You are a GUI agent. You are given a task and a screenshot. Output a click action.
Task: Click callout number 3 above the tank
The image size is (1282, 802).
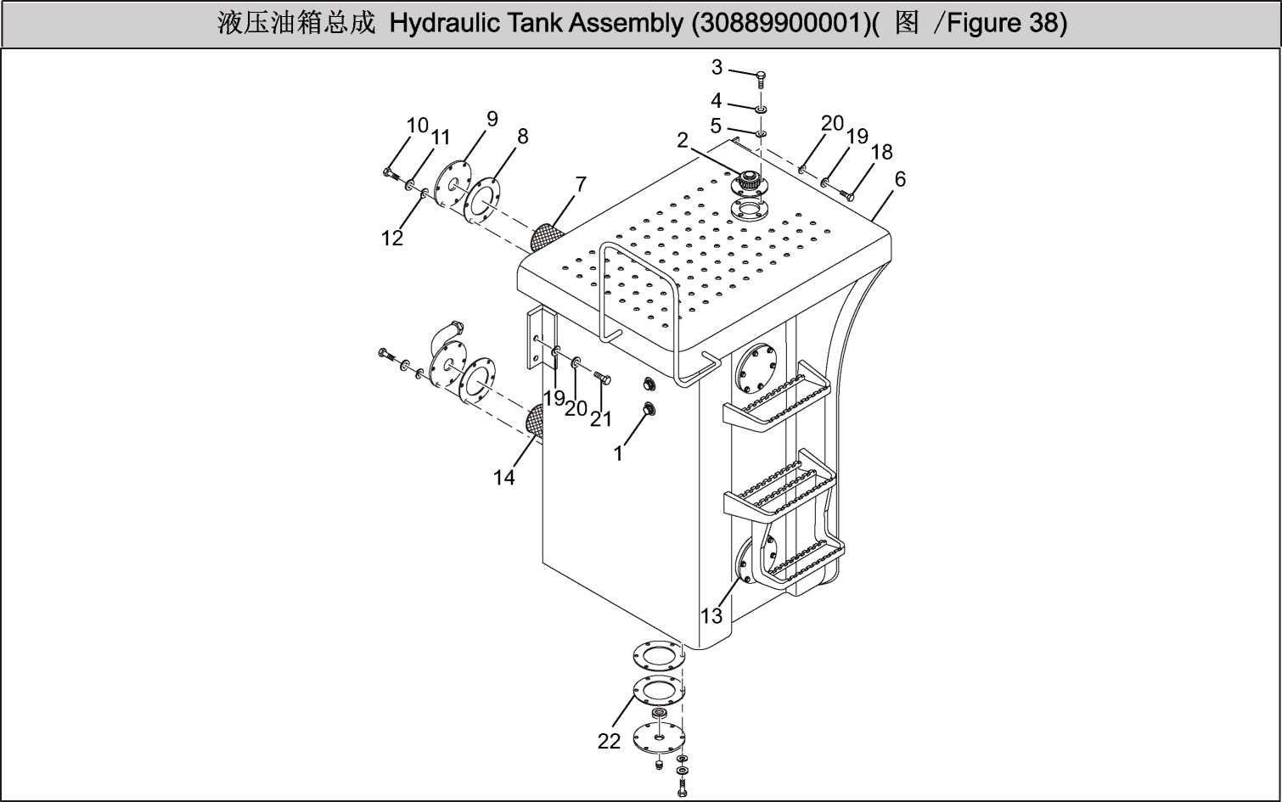click(717, 68)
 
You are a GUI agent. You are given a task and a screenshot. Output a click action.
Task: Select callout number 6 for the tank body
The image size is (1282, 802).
click(900, 180)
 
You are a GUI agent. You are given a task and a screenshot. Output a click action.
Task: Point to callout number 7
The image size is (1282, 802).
click(581, 184)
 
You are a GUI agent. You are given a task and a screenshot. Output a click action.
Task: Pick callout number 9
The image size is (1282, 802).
click(492, 119)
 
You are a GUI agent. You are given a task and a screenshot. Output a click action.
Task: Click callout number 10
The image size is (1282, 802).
click(417, 126)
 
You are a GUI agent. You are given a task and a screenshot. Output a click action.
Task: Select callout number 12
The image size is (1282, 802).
click(392, 238)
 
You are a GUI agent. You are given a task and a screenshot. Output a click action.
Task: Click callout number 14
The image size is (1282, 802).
click(504, 478)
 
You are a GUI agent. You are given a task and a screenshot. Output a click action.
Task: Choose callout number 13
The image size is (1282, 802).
click(711, 616)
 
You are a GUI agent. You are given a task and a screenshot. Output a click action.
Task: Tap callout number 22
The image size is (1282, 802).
click(609, 742)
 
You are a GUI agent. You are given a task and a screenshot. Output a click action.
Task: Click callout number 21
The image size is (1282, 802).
click(601, 419)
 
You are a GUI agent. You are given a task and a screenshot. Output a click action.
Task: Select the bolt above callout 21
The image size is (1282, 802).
click(601, 378)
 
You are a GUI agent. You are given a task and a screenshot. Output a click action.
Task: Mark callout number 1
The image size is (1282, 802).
click(618, 454)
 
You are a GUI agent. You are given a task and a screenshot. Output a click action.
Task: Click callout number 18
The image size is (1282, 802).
click(882, 152)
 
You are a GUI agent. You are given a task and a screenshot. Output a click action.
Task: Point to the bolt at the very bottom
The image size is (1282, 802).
click(682, 788)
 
